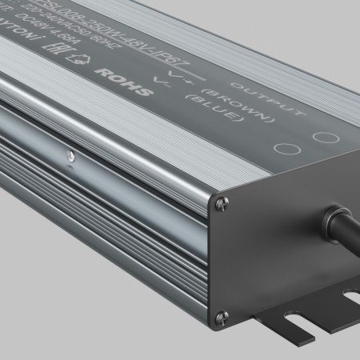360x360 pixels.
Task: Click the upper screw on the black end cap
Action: [x=222, y=204]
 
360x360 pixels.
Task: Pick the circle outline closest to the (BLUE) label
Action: [x=282, y=148]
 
